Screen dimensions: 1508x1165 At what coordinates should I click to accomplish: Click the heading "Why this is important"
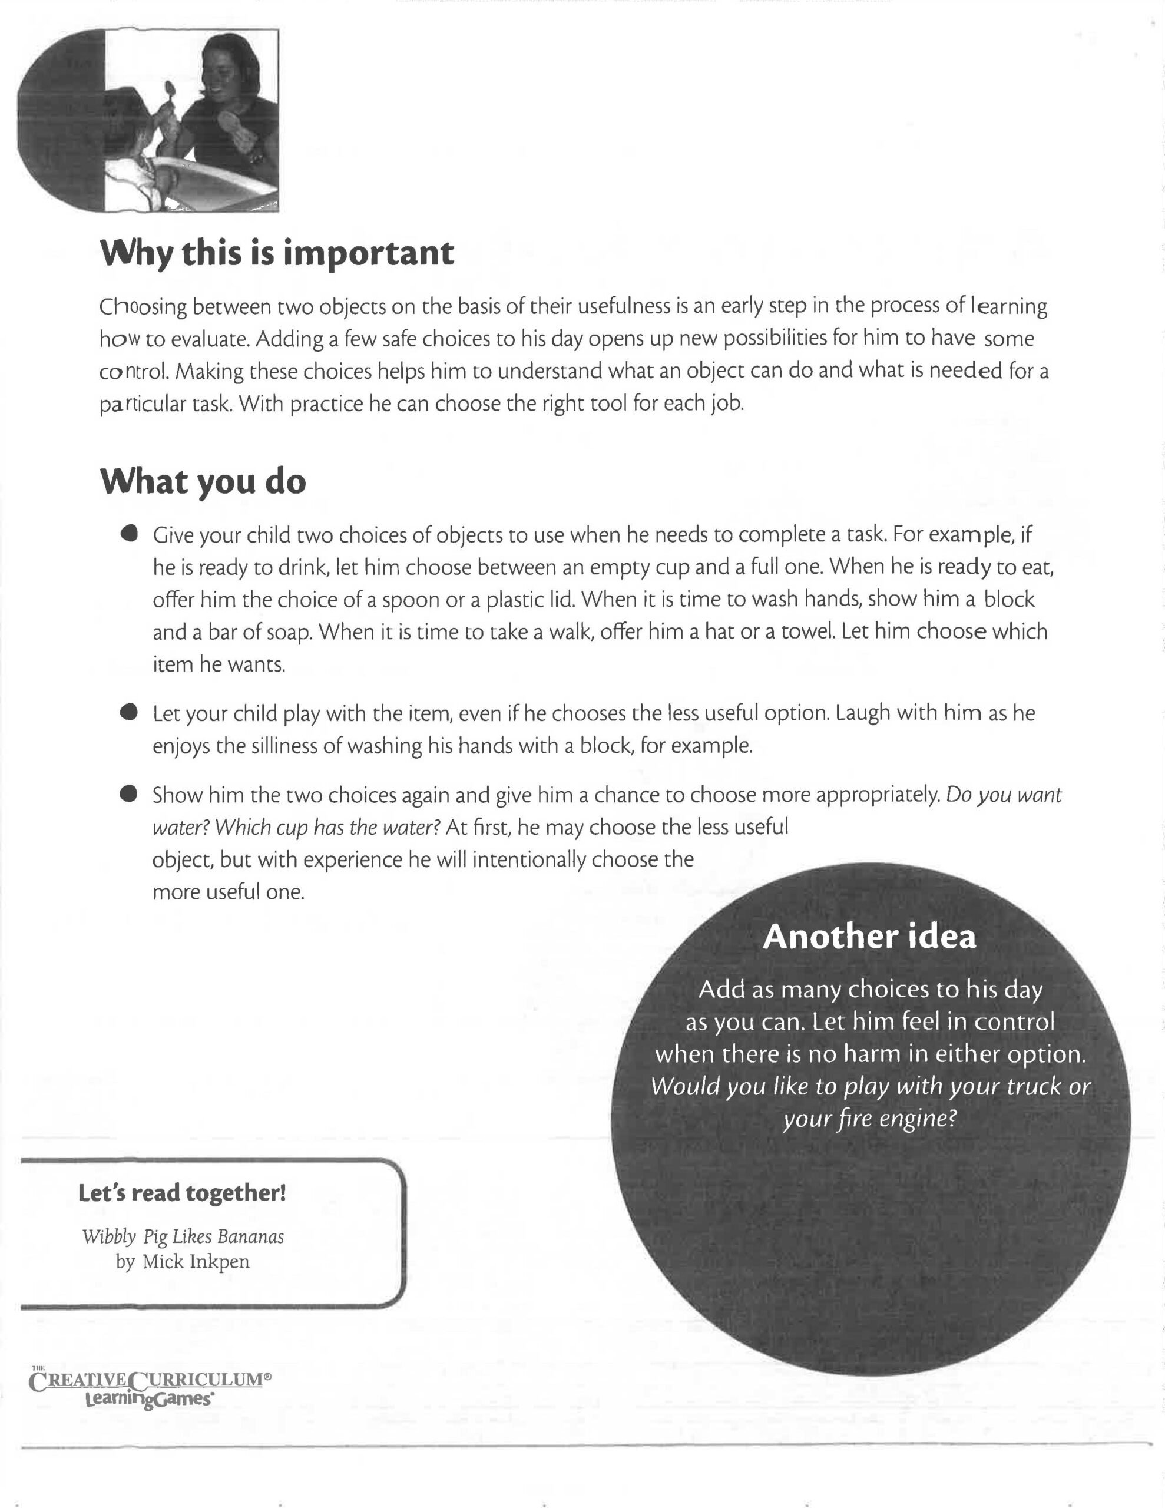[x=277, y=253]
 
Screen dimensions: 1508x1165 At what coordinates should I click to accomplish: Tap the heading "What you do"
[x=203, y=481]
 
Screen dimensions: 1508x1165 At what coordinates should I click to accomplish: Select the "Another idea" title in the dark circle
[x=869, y=937]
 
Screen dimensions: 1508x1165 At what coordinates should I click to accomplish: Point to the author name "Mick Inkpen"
[x=196, y=1262]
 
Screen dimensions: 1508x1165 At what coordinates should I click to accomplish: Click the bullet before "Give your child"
[x=128, y=534]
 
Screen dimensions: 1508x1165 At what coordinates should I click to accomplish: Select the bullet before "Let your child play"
[x=128, y=713]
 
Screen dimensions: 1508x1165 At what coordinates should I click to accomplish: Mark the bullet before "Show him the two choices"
[x=128, y=794]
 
